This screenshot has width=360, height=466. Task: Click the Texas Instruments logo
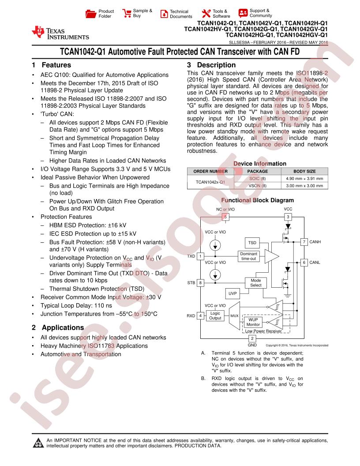pyautogui.click(x=60, y=33)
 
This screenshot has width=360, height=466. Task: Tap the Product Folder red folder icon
pyautogui.click(x=90, y=14)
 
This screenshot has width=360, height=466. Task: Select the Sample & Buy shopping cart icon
pyautogui.click(x=127, y=13)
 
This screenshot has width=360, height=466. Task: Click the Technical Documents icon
pyautogui.click(x=164, y=14)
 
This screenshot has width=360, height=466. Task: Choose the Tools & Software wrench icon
pyautogui.click(x=206, y=13)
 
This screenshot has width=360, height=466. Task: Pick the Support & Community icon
pyautogui.click(x=243, y=13)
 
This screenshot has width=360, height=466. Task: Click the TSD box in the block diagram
pyautogui.click(x=252, y=243)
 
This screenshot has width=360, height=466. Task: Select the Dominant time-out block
pyautogui.click(x=249, y=256)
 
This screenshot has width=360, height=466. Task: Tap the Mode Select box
pyautogui.click(x=256, y=282)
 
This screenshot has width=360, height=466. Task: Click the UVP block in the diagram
pyautogui.click(x=232, y=293)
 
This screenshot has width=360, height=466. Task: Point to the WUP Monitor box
pyautogui.click(x=253, y=322)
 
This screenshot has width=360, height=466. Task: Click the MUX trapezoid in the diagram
pyautogui.click(x=235, y=316)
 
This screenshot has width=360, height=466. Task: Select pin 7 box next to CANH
pyautogui.click(x=304, y=242)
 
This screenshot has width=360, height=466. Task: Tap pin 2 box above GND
pyautogui.click(x=252, y=338)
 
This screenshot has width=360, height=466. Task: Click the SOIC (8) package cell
pyautogui.click(x=258, y=178)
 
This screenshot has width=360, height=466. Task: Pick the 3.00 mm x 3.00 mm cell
pyautogui.click(x=304, y=185)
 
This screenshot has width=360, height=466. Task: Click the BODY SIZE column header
pyautogui.click(x=304, y=171)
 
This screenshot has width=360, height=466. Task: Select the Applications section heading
pyautogui.click(x=58, y=327)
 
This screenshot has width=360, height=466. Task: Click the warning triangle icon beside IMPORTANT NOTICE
pyautogui.click(x=38, y=443)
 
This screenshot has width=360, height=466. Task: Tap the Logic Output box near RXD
pyautogui.click(x=215, y=316)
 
